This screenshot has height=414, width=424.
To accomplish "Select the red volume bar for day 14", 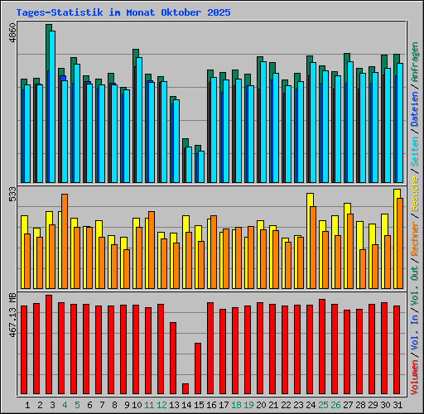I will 185,388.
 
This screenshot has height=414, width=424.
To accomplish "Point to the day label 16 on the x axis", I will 211,405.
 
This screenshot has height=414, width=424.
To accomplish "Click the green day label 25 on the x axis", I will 323,405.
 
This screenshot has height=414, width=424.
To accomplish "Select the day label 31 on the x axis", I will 397,405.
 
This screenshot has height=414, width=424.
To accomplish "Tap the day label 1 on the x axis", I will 28,405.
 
